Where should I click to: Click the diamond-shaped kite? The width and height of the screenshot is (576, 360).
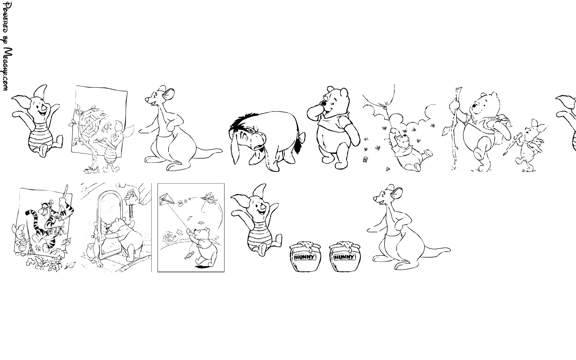coord(167,200)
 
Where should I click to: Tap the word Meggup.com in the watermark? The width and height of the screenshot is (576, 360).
coord(7,69)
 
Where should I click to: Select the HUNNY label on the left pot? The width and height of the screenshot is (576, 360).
coord(305,257)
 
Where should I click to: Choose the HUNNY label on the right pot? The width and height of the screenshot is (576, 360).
coord(344,257)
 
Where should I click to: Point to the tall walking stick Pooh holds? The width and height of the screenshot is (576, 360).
coord(456,129)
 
